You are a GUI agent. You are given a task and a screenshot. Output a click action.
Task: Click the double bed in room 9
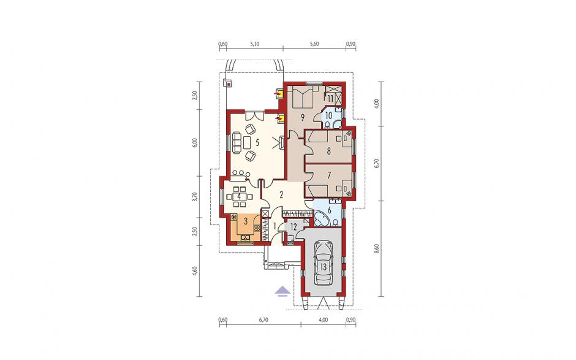pos(303,97)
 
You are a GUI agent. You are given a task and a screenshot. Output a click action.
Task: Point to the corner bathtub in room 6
pos(320,219)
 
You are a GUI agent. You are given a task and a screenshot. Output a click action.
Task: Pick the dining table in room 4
pos(239,196)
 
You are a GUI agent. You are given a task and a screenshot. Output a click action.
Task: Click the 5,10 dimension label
pos(254,44)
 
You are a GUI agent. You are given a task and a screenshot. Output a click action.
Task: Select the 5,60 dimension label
pos(314,44)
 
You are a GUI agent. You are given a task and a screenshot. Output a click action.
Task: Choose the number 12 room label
pos(293,227)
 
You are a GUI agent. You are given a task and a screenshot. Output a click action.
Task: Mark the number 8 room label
pos(329,150)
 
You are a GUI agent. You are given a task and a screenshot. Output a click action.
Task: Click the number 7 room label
pos(329,174)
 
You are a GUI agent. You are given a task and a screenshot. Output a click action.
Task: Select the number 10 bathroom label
pos(328,115)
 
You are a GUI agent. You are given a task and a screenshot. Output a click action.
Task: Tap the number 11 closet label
pos(330,98)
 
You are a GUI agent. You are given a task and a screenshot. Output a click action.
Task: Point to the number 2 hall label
pos(281,195)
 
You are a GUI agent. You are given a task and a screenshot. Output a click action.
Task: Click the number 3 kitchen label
pos(246,221)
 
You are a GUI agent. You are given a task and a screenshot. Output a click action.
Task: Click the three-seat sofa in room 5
pos(235,143)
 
